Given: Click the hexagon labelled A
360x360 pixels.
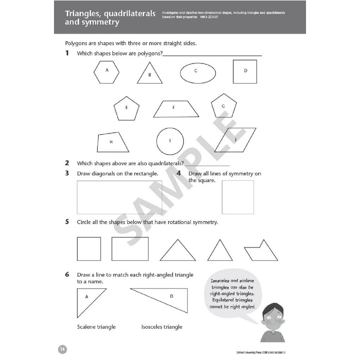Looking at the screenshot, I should coord(106,72).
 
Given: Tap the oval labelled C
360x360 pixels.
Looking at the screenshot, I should coord(198,73).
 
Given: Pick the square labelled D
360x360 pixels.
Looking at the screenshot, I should coord(245,72).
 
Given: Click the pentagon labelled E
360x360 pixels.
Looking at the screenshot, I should coord(126,108).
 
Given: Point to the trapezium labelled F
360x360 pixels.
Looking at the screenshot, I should coord(176,109).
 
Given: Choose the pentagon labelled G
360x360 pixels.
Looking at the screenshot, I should coord(224,107).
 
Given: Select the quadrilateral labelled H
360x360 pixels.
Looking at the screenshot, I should coord(112,143).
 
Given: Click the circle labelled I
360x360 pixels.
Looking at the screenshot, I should coord(170,141).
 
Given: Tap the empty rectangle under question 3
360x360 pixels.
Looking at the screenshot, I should coord(119,197).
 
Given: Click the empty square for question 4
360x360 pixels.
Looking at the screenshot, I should coord(238,197).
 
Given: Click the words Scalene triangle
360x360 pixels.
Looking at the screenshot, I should coord(96,327).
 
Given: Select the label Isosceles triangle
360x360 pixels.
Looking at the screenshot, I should coord(162,327).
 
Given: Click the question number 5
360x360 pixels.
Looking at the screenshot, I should coord(67,222).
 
